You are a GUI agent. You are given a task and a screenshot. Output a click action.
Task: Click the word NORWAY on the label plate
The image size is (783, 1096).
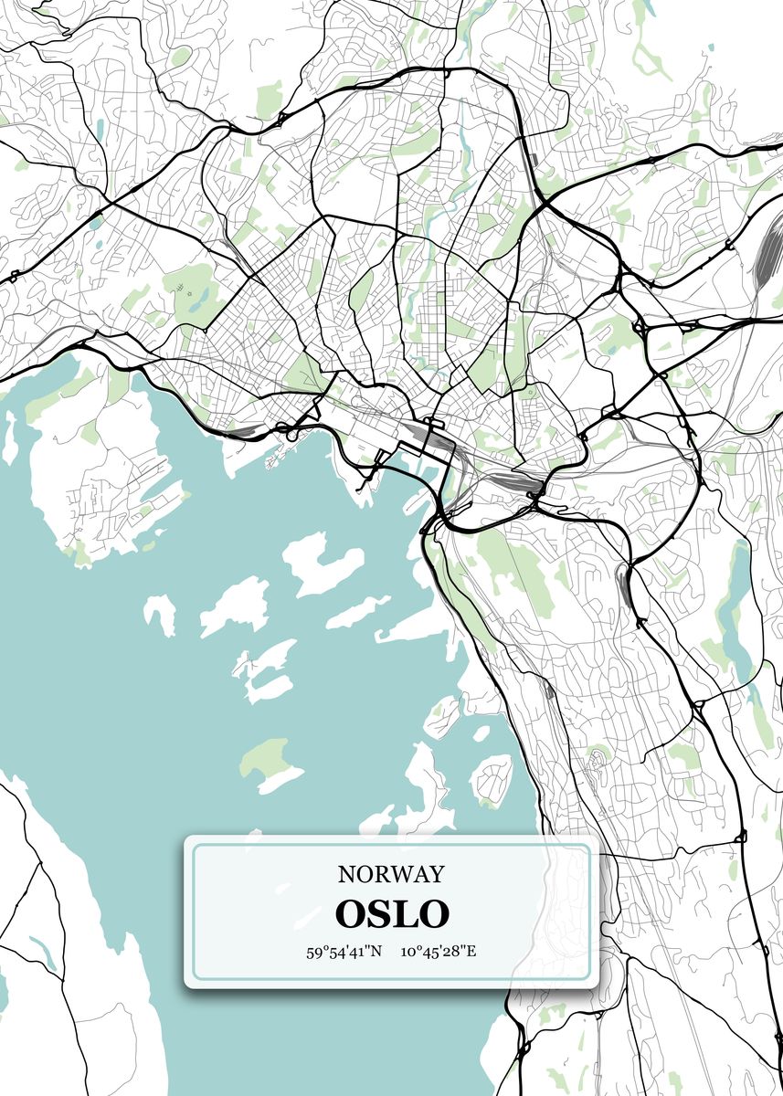pos(391,874)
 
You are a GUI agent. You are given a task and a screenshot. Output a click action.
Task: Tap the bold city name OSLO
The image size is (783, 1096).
pos(392,913)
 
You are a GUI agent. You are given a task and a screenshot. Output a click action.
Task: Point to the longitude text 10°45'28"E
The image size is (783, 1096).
pos(439,952)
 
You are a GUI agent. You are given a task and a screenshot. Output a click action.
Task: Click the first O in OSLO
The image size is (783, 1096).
pos(351,913)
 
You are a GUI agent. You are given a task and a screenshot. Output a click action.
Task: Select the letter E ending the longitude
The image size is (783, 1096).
pos(471,952)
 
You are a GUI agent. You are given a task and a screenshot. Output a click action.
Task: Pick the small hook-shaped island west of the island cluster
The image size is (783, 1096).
pos(162,612)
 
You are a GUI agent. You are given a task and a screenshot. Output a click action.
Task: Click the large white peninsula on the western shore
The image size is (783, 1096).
pos(101,475)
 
